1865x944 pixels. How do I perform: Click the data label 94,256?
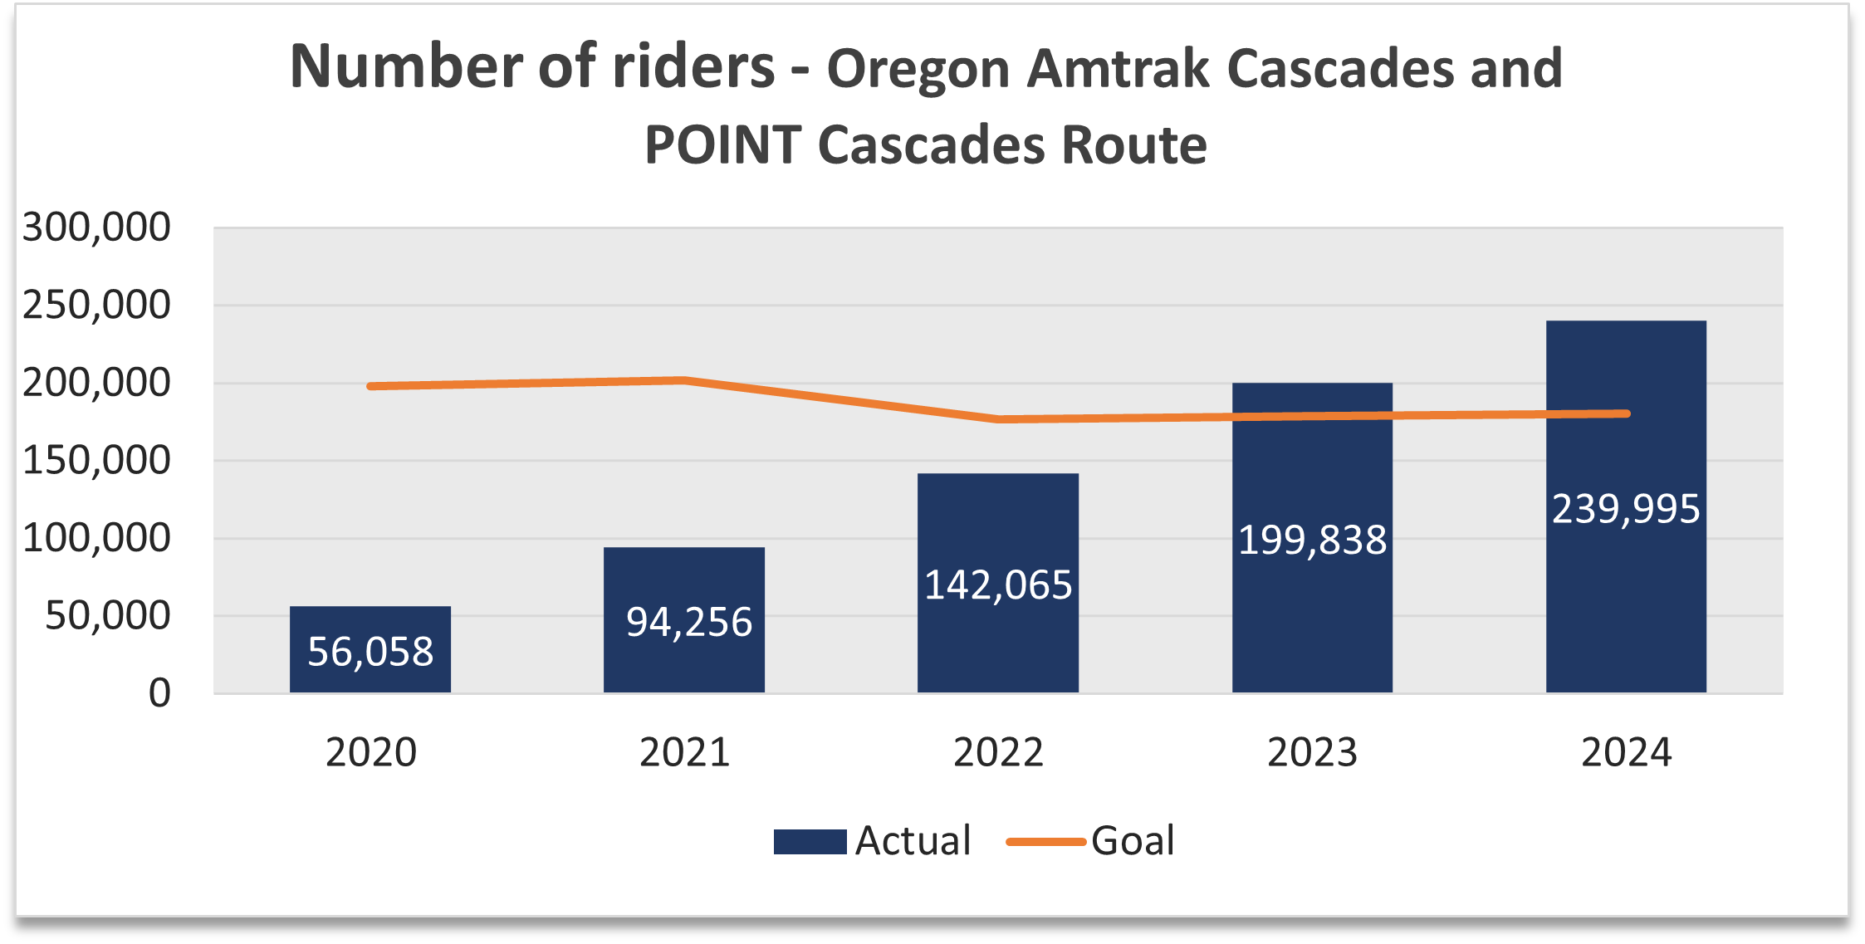(688, 622)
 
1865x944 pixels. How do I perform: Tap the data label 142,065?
(998, 585)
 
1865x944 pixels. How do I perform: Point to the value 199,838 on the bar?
(1312, 540)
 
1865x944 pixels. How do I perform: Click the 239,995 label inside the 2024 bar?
(1626, 509)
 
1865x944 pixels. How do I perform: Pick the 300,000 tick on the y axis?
(96, 227)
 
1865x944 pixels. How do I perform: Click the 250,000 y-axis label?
(96, 306)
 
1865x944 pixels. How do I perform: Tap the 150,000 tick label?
(96, 461)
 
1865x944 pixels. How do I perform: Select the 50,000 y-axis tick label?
(107, 616)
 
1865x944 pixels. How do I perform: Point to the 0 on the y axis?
(159, 693)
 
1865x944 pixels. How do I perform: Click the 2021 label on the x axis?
(684, 753)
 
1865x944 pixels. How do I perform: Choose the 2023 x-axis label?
(1312, 753)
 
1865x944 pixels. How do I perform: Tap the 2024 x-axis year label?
(1626, 753)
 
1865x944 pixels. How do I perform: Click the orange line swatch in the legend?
(1045, 842)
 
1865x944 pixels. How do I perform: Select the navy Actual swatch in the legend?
(810, 842)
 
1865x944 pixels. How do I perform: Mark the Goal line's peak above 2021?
(684, 380)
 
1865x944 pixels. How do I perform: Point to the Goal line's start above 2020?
(370, 386)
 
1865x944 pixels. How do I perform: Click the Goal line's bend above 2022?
(998, 419)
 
